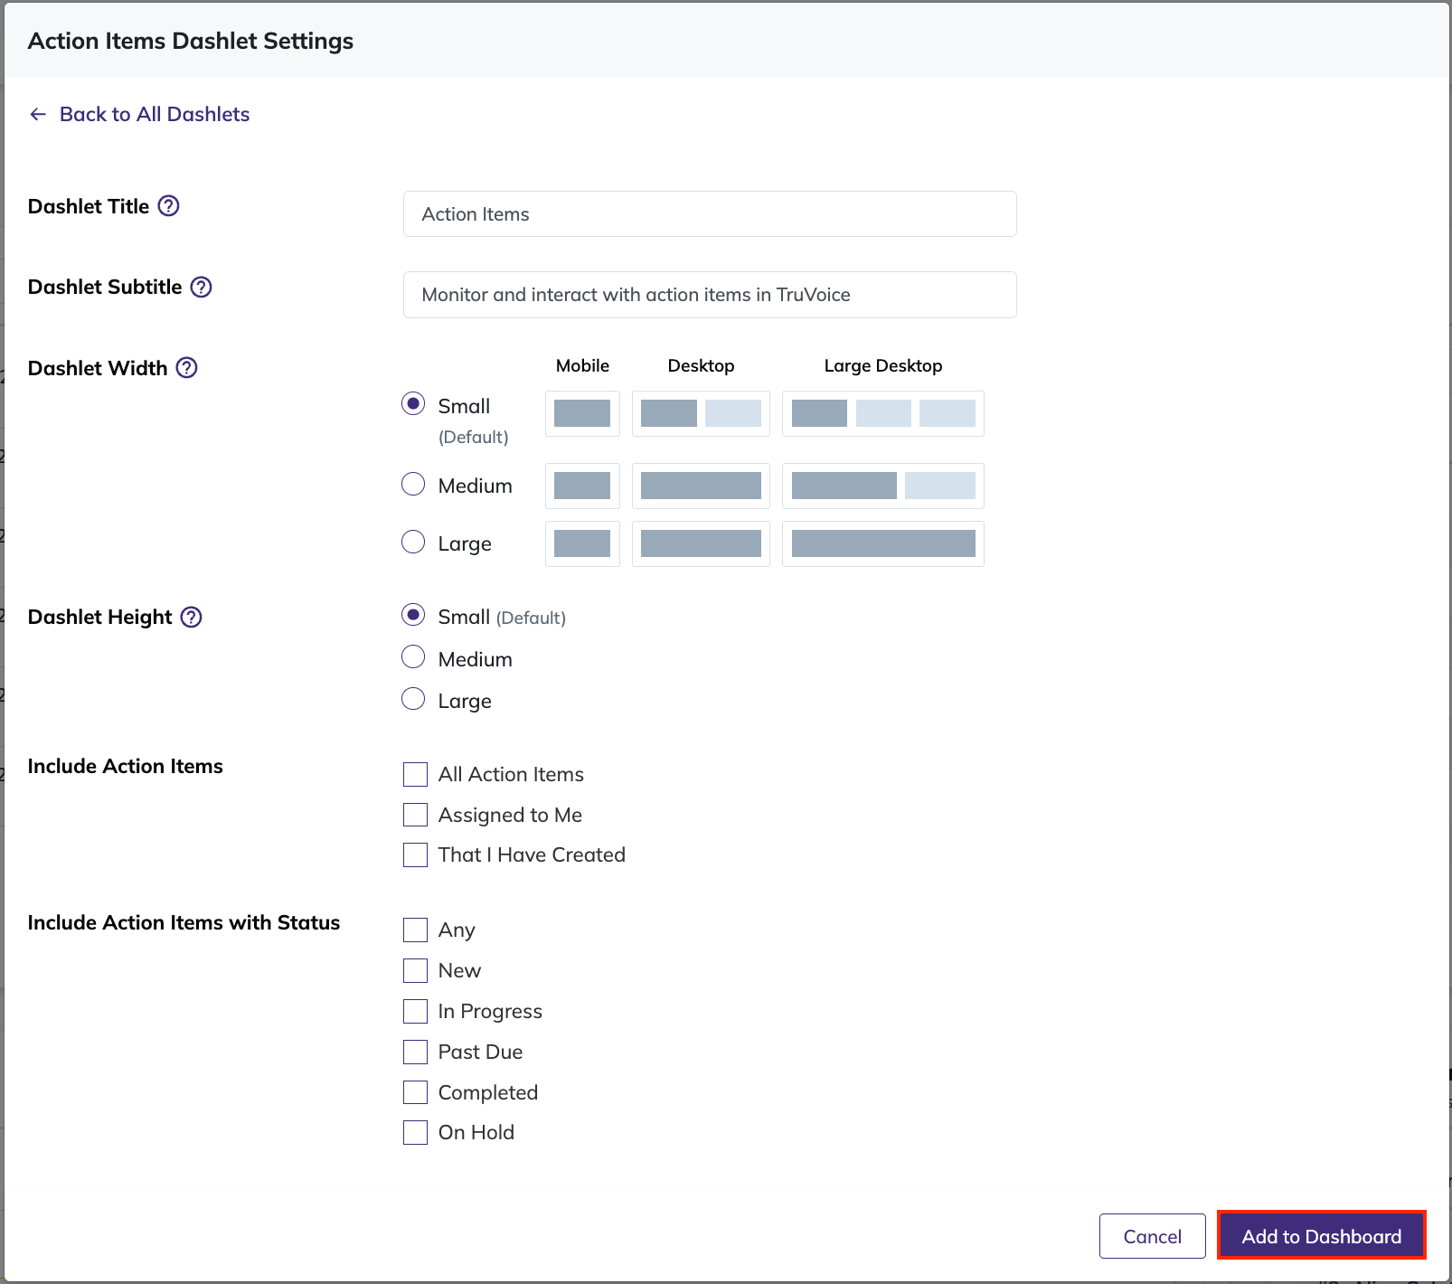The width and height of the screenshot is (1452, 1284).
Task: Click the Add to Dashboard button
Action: (x=1321, y=1235)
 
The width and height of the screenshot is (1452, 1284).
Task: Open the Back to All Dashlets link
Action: (x=139, y=114)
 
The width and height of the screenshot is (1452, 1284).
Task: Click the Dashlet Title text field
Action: (x=710, y=214)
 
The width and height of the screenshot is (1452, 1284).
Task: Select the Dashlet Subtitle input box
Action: (x=710, y=295)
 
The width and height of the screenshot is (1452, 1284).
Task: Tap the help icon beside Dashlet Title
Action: (x=169, y=206)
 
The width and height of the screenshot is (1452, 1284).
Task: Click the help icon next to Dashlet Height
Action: (x=192, y=617)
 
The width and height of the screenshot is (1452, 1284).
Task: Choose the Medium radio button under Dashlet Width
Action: (x=413, y=485)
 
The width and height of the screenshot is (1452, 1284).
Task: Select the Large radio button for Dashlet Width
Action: (x=413, y=543)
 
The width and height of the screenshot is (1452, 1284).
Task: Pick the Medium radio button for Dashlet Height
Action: (x=413, y=657)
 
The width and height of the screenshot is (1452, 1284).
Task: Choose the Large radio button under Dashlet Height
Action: (x=413, y=700)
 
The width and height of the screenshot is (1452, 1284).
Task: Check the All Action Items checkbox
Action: (x=415, y=775)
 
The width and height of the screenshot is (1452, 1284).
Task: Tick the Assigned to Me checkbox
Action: (x=415, y=815)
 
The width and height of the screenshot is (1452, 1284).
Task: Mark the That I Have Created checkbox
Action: (x=415, y=855)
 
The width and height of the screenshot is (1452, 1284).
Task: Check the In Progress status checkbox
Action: (x=415, y=1011)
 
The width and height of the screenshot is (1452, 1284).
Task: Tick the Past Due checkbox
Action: (x=415, y=1052)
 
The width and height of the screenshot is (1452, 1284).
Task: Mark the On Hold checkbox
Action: (x=415, y=1133)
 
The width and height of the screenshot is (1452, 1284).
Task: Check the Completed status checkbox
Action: (x=415, y=1092)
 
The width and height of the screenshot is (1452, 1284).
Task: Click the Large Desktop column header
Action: (x=883, y=365)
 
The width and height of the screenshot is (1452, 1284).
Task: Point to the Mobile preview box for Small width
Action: (x=582, y=413)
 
